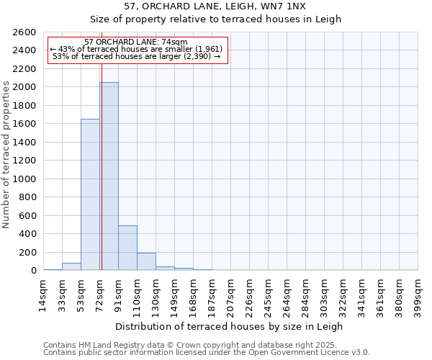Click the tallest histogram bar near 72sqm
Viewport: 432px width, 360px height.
[x=109, y=176]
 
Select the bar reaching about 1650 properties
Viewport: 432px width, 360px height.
[x=90, y=194]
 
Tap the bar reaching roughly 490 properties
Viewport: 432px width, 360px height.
[x=127, y=248]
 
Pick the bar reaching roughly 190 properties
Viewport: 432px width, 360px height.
[x=146, y=261]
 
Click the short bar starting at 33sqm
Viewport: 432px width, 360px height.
[x=71, y=266]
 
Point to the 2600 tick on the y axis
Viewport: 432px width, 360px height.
[x=24, y=32]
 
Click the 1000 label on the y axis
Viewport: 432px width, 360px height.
[x=24, y=179]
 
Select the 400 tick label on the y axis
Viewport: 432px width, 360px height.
[x=27, y=234]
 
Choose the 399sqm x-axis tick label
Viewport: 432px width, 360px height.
[x=418, y=294]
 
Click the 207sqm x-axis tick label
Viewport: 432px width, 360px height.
[x=231, y=294]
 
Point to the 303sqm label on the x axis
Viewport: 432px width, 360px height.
[x=325, y=294]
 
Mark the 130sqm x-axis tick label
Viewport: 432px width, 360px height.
[x=156, y=294]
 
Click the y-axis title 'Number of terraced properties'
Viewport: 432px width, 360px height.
[x=7, y=155]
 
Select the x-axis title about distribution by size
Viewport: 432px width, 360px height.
[x=230, y=326]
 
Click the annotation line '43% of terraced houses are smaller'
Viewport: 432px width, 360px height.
[x=136, y=49]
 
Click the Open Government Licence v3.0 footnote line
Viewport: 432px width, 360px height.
[x=207, y=353]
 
